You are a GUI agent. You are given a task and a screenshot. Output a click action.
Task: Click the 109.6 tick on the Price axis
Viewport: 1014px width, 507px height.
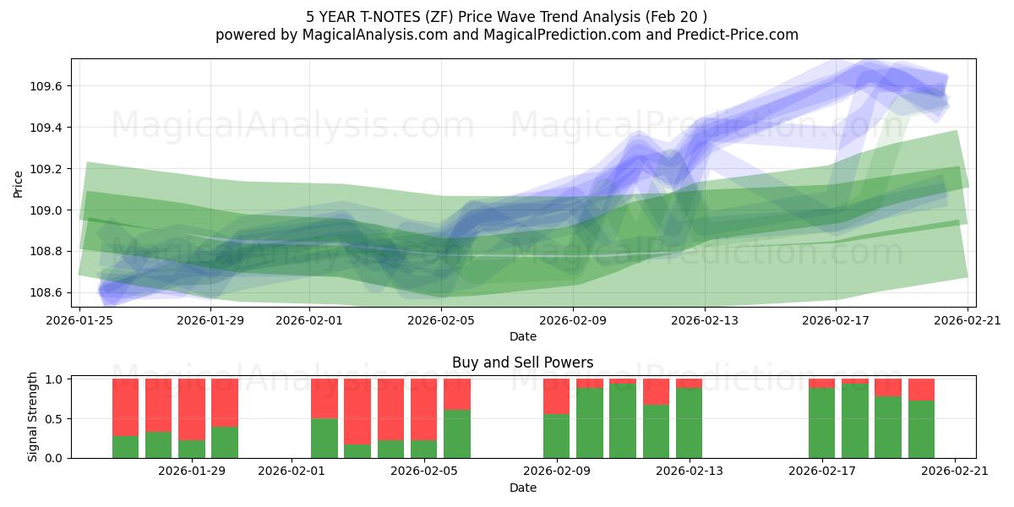(50, 86)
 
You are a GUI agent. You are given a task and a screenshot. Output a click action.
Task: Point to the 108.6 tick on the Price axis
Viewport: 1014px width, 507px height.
(50, 292)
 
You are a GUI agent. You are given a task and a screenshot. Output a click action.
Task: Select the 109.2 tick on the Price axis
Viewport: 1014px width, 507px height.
(50, 169)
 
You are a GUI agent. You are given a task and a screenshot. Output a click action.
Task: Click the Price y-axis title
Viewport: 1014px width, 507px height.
(19, 183)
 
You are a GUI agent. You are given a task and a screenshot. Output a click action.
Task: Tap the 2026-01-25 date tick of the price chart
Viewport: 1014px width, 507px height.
(80, 320)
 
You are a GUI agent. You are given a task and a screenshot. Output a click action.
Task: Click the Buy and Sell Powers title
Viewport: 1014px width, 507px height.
(522, 363)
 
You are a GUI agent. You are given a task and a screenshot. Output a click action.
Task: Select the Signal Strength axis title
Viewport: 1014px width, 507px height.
(33, 417)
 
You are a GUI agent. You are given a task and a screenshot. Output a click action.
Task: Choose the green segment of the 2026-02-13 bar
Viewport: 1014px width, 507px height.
(689, 422)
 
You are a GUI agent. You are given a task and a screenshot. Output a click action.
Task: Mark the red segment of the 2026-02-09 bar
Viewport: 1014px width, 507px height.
(556, 396)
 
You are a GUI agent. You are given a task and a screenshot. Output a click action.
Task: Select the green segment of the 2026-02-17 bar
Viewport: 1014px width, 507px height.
(821, 422)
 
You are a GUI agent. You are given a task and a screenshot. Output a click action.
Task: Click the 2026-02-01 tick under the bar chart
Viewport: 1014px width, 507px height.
(291, 472)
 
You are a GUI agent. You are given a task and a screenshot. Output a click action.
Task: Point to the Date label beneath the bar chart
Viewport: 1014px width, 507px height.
(522, 488)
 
